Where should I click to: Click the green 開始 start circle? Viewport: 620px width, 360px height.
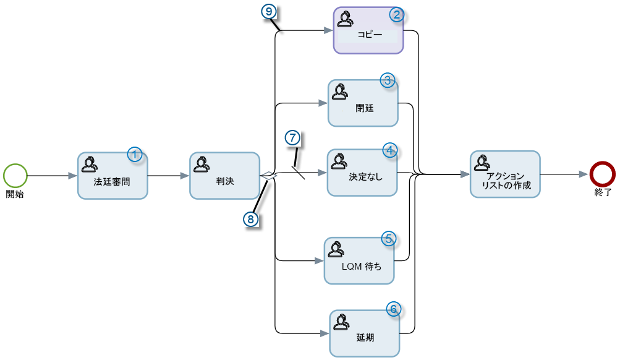(x=15, y=175)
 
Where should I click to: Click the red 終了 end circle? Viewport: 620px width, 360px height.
(x=601, y=174)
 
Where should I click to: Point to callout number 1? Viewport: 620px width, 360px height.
(x=135, y=155)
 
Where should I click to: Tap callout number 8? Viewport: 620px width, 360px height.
(x=250, y=218)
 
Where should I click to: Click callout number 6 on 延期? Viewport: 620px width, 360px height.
(x=394, y=309)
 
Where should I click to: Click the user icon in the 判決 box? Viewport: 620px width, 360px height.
(x=201, y=164)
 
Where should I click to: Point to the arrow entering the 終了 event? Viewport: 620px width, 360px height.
(x=564, y=174)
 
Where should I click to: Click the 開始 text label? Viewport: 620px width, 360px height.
(x=15, y=194)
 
